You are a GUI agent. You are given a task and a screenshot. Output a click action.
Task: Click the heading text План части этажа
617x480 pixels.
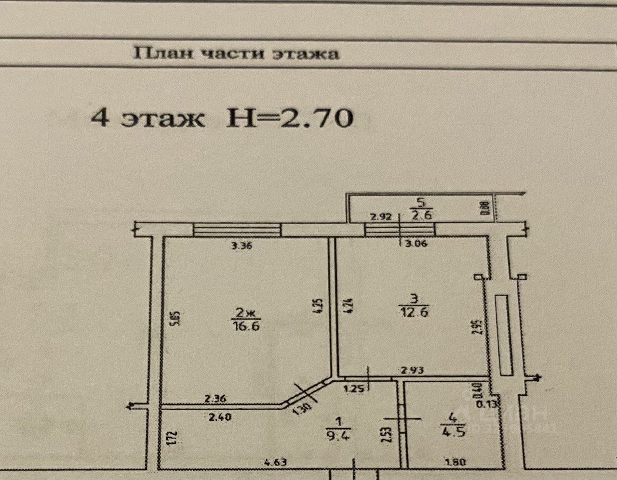236,53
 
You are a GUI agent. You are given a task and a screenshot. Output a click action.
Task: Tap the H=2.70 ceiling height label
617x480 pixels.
290,118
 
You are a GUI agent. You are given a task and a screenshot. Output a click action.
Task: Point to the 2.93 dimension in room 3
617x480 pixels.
413,370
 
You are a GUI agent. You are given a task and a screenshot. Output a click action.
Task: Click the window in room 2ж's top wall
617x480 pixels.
236,229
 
